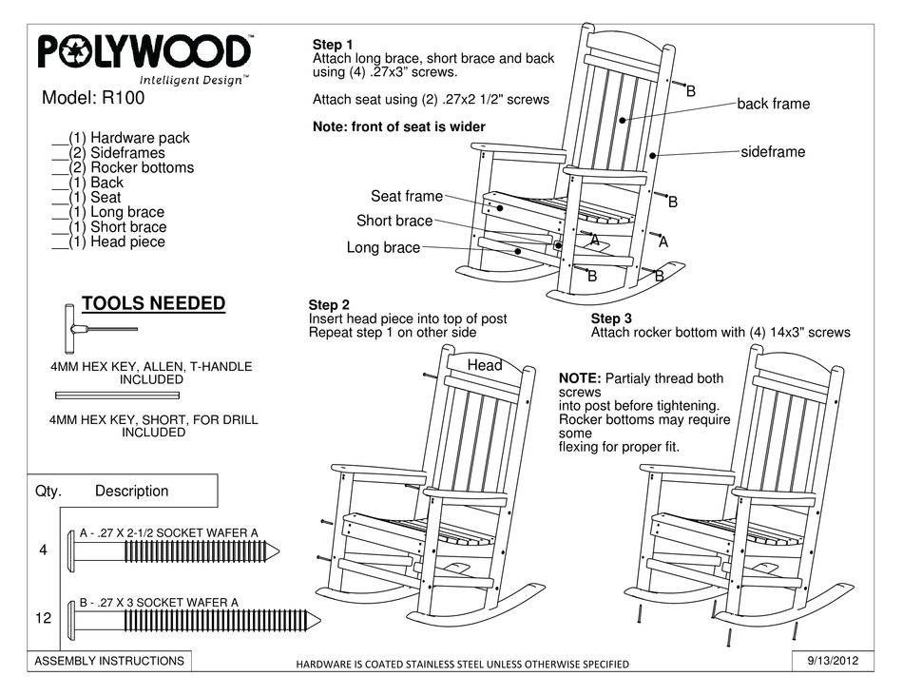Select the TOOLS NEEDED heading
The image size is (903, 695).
(x=153, y=303)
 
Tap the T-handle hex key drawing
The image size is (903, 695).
(x=95, y=329)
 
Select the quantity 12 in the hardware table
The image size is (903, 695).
(x=43, y=618)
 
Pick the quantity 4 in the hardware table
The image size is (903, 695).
(x=43, y=549)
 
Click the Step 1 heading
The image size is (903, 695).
(x=333, y=45)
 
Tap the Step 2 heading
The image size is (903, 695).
(x=330, y=305)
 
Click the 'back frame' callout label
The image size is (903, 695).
(x=773, y=104)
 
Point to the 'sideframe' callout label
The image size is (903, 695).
(x=772, y=152)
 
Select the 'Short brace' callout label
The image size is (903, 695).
(x=394, y=221)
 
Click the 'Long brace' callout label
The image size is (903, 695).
(x=383, y=248)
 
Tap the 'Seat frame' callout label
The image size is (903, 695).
(x=406, y=196)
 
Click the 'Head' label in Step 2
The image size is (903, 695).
(x=485, y=365)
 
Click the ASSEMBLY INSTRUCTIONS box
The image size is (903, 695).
(x=109, y=660)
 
